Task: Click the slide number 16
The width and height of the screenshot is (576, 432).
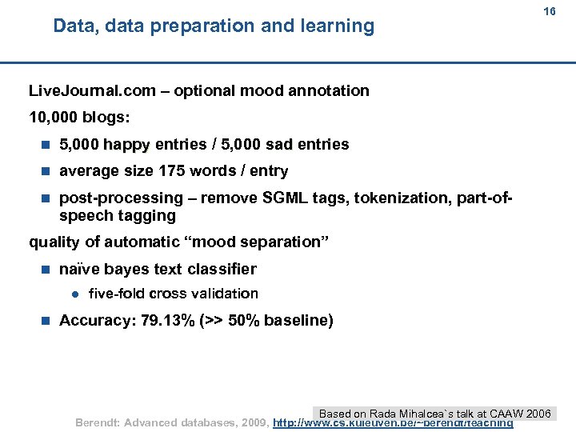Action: coord(549,12)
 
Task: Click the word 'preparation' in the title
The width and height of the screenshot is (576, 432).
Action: coord(203,26)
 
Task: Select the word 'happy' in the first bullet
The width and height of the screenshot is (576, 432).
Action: coord(126,145)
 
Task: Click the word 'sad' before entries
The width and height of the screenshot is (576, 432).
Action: coord(279,145)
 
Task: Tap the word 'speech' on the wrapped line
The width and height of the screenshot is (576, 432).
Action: coord(86,216)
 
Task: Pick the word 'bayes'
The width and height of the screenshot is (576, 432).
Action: coord(126,270)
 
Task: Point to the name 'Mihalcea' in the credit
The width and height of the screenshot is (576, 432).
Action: coord(422,414)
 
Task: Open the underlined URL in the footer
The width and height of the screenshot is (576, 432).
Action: coord(392,422)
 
